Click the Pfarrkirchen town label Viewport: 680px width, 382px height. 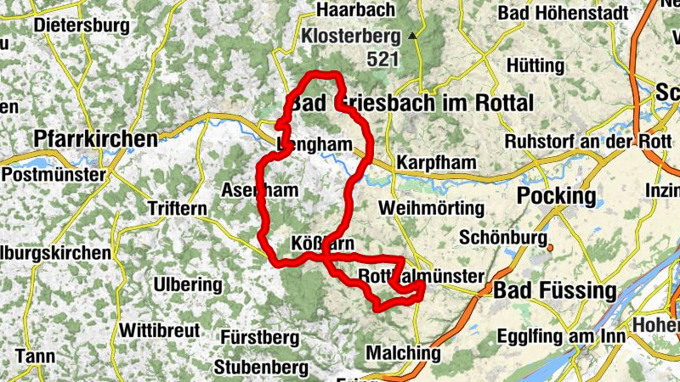[95, 138]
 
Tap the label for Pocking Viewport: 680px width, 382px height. [557, 196]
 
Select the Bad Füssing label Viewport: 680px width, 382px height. [555, 291]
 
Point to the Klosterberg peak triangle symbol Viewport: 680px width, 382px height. [412, 36]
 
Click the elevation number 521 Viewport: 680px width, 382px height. [383, 59]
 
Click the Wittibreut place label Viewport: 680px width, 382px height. [160, 329]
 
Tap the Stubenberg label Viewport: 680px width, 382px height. [261, 368]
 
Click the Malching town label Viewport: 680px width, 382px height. [403, 352]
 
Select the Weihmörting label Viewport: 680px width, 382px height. [432, 208]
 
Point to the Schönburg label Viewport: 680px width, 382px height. [500, 238]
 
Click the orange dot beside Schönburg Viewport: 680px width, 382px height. [551, 248]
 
